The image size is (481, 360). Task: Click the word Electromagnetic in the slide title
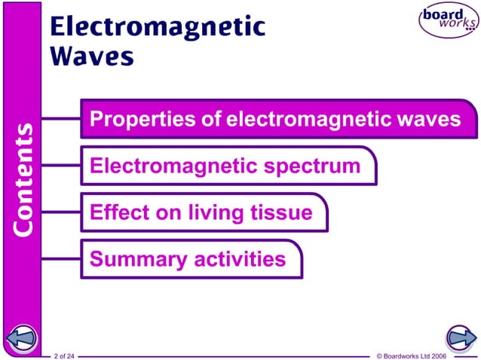[x=158, y=26]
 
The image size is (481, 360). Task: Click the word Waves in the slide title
[x=92, y=56]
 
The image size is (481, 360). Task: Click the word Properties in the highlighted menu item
[x=131, y=120]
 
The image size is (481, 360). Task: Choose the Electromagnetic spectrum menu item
[x=225, y=166]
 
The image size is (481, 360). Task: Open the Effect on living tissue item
[x=201, y=212]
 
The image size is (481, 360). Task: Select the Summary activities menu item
[x=188, y=260]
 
